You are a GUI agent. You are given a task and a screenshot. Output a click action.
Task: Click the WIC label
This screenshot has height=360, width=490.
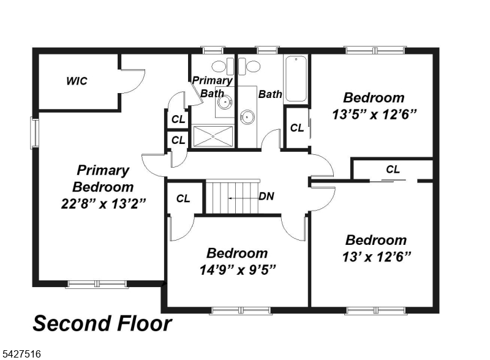(77, 81)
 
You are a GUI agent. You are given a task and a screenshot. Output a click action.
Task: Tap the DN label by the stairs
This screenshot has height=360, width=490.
(266, 197)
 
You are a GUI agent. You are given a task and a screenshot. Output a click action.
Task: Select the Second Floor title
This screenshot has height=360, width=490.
(102, 323)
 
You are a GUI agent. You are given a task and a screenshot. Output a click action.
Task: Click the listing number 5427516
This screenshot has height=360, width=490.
(21, 354)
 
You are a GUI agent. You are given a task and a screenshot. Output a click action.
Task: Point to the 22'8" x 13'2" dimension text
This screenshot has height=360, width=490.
(104, 204)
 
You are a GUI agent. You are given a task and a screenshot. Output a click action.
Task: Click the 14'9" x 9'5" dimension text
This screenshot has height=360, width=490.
(238, 269)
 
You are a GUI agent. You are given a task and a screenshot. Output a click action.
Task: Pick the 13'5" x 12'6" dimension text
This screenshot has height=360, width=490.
(374, 114)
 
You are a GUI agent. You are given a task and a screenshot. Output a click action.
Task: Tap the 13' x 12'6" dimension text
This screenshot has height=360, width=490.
(376, 257)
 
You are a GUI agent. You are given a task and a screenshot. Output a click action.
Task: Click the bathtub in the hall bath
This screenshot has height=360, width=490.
(296, 79)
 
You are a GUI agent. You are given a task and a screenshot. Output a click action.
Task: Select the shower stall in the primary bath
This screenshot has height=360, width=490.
(213, 136)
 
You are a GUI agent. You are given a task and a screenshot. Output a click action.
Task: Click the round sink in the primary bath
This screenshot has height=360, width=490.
(225, 102)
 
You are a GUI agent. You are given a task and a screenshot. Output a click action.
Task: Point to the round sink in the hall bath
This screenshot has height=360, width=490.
(247, 117)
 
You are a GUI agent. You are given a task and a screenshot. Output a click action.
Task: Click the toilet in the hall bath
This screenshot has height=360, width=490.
(249, 66)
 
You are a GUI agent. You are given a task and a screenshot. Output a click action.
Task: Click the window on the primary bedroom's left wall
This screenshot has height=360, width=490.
(34, 132)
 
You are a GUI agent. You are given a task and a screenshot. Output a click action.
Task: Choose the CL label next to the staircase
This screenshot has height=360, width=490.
(183, 198)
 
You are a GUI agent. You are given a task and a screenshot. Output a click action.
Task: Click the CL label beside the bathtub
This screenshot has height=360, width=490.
(297, 127)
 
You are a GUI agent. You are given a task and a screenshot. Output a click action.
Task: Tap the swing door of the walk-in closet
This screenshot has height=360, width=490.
(133, 81)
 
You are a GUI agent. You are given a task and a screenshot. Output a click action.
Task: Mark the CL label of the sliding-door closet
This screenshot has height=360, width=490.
(393, 170)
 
